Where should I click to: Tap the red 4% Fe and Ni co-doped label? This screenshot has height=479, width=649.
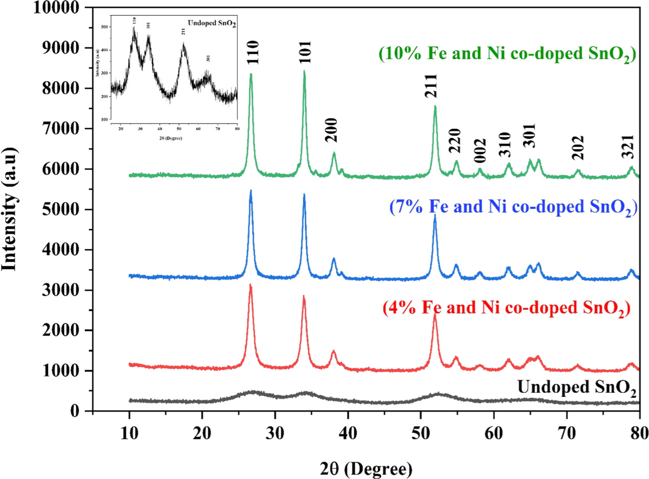coord(506,309)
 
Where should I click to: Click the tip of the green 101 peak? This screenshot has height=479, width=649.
coord(305,71)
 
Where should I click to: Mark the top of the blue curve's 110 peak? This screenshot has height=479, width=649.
coord(251,190)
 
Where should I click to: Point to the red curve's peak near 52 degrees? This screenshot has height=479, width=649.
coord(435,314)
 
